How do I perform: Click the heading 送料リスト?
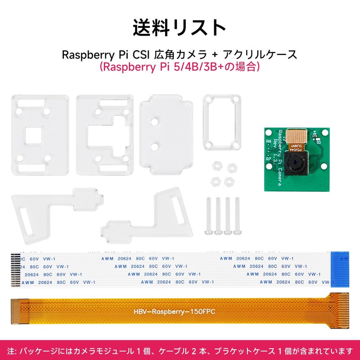tap(180, 27)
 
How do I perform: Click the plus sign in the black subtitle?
tap(215, 55)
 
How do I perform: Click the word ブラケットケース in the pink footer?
tap(248, 351)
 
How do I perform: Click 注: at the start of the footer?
tap(12, 351)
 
